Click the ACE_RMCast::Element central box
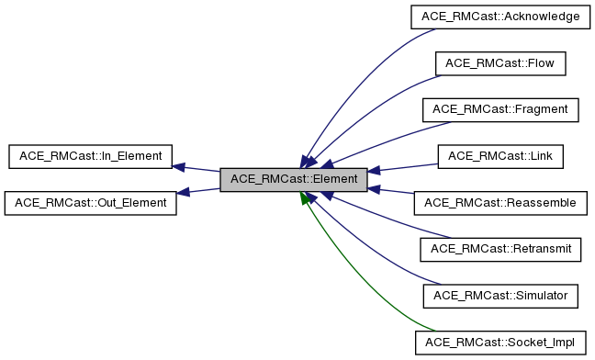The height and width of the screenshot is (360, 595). coord(294,179)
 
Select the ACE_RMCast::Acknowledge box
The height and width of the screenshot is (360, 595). coord(500,16)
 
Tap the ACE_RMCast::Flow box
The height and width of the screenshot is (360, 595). coord(500,62)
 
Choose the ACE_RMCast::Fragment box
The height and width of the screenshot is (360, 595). coord(500,108)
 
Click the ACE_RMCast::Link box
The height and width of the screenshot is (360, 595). coord(500,155)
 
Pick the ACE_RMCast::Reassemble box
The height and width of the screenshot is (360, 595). coord(500,202)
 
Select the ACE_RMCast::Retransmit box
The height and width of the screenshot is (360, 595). coord(500,249)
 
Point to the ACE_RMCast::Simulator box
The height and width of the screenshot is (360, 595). coord(500,296)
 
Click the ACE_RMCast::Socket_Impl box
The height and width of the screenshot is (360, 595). coord(500,343)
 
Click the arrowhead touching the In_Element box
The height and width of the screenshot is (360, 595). coord(180,167)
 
